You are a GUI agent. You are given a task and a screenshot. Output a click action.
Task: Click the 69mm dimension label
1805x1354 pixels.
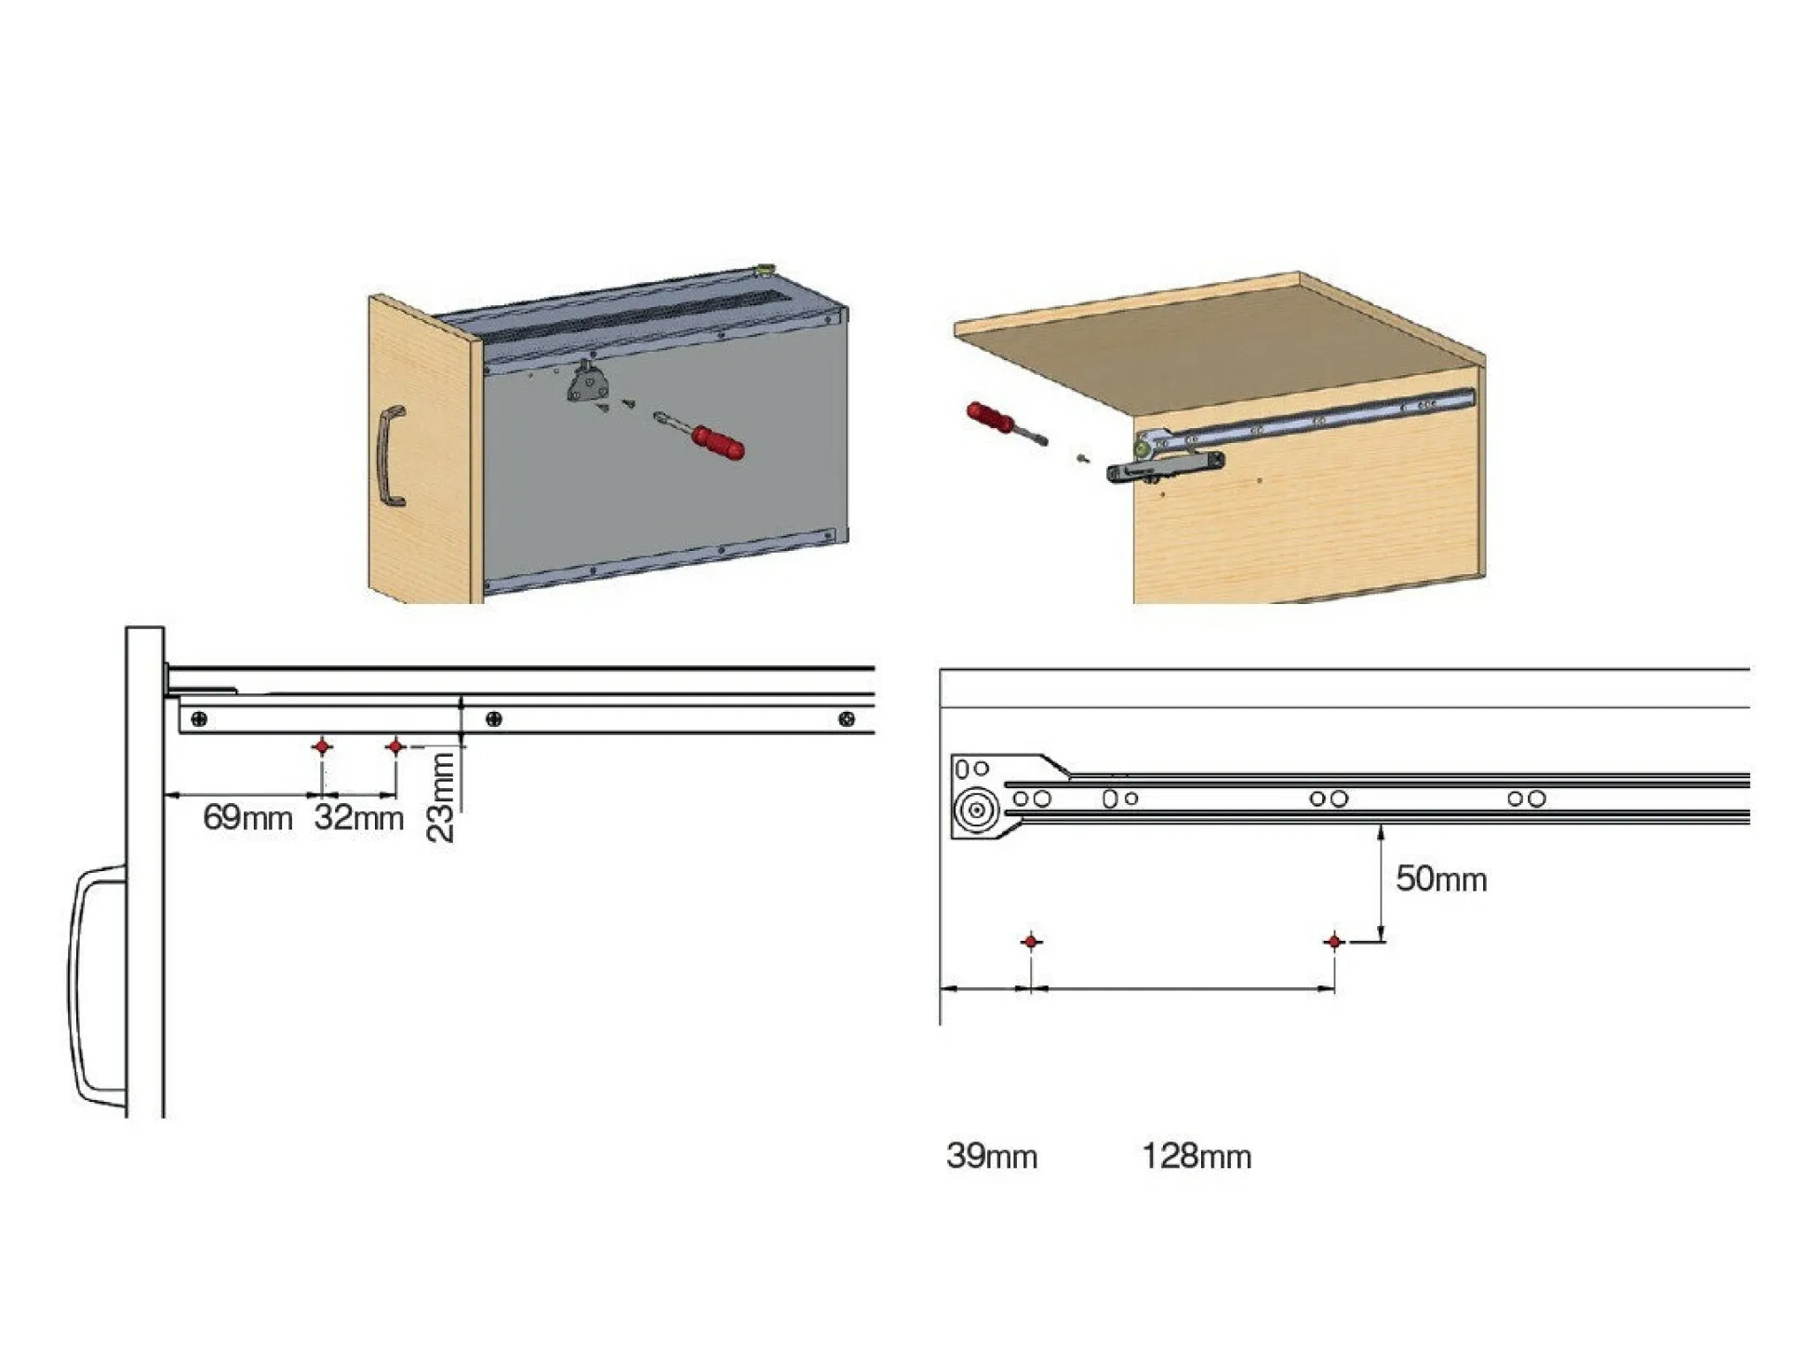click(247, 818)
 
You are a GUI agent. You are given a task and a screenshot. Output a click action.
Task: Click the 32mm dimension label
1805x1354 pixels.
click(359, 818)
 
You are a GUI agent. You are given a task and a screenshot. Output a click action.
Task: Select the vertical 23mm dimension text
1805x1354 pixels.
click(440, 798)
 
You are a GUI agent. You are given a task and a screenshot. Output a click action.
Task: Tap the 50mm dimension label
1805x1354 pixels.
click(1441, 878)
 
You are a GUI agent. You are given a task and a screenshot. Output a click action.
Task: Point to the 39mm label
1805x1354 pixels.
click(992, 1156)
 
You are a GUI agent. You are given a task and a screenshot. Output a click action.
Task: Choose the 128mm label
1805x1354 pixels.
click(1197, 1156)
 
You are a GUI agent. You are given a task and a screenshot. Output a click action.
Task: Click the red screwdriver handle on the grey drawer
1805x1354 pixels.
click(718, 442)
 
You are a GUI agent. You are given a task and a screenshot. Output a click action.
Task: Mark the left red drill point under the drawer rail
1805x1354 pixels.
click(322, 746)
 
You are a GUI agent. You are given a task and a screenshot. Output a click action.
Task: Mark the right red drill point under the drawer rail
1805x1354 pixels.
click(395, 746)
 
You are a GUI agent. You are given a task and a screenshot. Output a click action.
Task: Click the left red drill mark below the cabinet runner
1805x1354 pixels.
click(1031, 942)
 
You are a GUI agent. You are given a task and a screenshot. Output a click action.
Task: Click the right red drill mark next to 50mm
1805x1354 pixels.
click(1334, 942)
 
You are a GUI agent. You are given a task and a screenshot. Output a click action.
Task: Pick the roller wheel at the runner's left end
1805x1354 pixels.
click(977, 810)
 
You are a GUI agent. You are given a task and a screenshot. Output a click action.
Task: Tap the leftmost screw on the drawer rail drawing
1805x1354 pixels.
click(199, 719)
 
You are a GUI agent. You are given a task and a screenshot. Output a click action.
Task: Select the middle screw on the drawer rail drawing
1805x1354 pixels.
click(494, 719)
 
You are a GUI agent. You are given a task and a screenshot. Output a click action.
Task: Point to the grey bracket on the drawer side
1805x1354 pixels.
click(587, 382)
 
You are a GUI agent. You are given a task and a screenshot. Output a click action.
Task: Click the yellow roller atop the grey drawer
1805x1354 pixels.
click(766, 271)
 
